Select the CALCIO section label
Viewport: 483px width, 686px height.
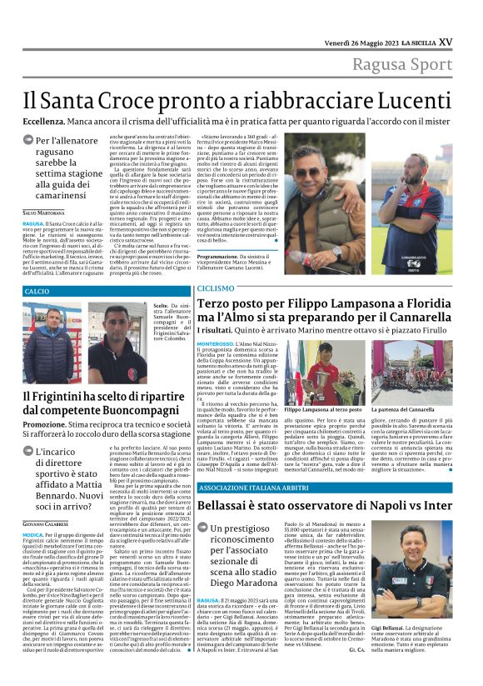click(37, 291)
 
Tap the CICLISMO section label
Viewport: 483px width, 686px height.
click(216, 288)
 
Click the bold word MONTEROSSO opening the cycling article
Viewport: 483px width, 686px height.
click(215, 343)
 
